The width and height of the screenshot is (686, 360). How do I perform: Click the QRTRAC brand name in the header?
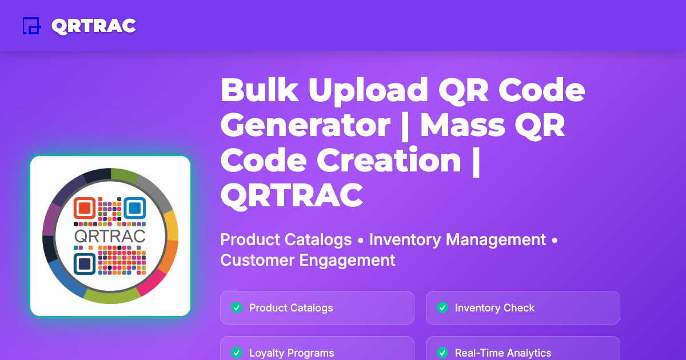pyautogui.click(x=93, y=26)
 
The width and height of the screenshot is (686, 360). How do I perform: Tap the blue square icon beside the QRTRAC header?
pyautogui.click(x=31, y=26)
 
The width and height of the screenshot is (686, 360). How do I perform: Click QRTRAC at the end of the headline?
pyautogui.click(x=292, y=195)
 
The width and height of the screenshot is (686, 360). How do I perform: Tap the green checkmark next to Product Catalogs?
pyautogui.click(x=236, y=308)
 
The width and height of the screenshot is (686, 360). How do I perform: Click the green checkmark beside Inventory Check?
pyautogui.click(x=442, y=308)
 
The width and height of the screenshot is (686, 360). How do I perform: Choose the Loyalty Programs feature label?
pyautogui.click(x=292, y=353)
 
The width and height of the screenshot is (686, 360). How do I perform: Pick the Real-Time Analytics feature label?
pyautogui.click(x=503, y=353)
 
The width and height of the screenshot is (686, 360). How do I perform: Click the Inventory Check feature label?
pyautogui.click(x=494, y=308)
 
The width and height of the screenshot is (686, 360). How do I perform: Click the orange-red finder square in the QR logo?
pyautogui.click(x=85, y=207)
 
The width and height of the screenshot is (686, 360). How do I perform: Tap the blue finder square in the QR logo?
pyautogui.click(x=134, y=208)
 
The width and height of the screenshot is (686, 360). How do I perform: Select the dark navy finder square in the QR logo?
pyautogui.click(x=85, y=262)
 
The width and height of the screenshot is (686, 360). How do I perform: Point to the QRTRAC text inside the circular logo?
pyautogui.click(x=110, y=235)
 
